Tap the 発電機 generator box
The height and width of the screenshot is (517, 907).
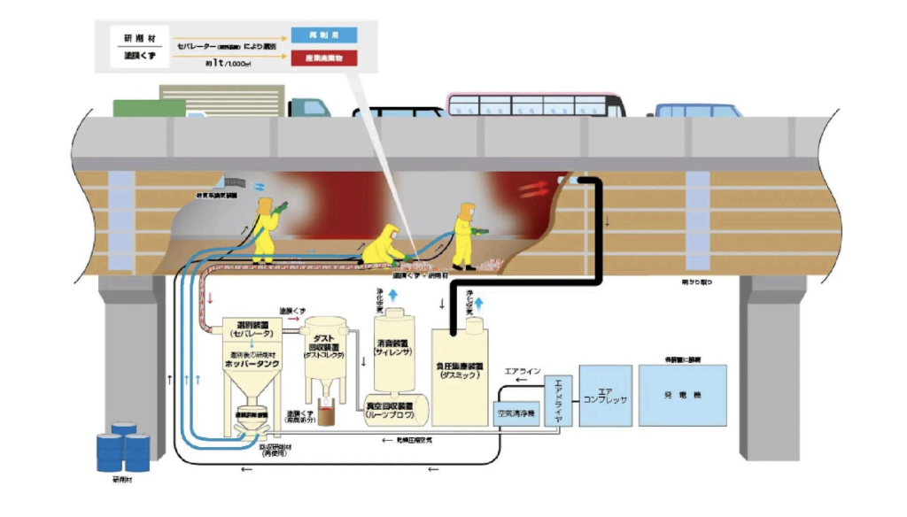(682, 395)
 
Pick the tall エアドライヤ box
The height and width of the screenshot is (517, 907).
(558, 394)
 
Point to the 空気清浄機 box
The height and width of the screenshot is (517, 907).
(515, 413)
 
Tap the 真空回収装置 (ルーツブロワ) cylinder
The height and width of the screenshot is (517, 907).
(393, 413)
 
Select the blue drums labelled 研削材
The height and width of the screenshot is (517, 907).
(122, 448)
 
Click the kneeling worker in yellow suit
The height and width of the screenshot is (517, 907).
(384, 245)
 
